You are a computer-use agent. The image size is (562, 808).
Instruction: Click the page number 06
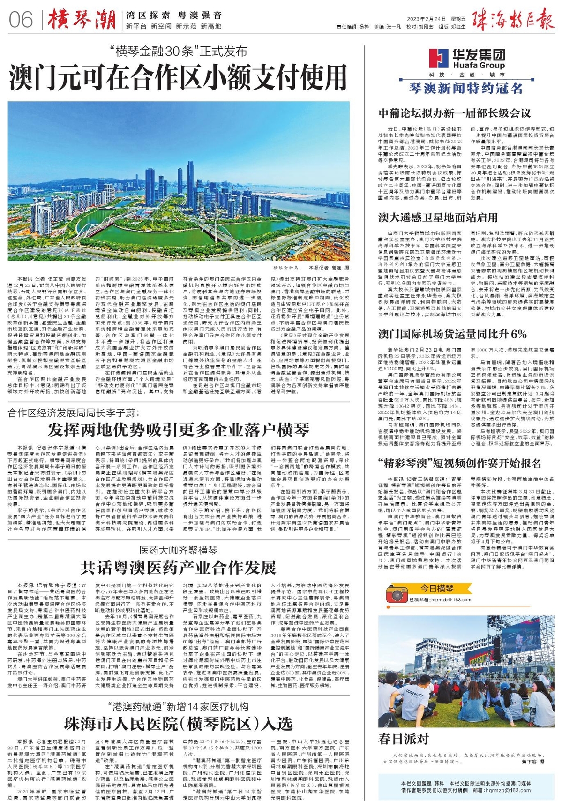pos(21,20)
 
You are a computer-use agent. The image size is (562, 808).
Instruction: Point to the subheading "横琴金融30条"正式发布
pos(178,51)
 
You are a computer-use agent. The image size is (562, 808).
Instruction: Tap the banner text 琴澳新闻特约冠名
pos(465,88)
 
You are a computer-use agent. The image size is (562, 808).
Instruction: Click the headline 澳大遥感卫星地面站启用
pos(438,217)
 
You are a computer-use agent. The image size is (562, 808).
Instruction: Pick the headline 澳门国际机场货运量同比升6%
pos(452,335)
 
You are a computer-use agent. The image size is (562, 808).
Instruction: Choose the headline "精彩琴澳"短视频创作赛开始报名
pos(459,464)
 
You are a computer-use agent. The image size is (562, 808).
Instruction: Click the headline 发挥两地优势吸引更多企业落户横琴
pos(178,429)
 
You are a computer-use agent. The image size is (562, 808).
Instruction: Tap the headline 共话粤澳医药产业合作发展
pos(178,568)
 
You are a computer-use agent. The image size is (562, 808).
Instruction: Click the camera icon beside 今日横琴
pos(397,593)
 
